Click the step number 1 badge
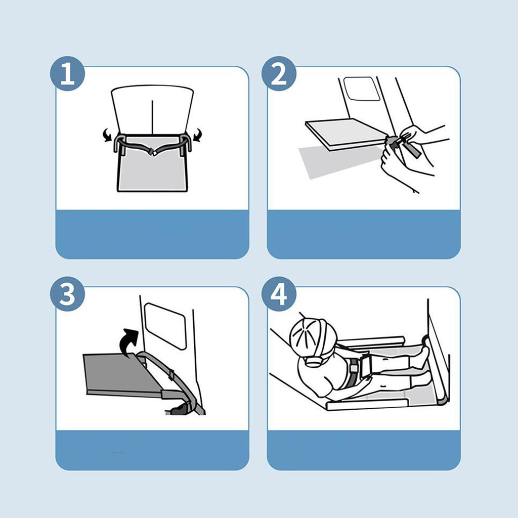[x=67, y=74]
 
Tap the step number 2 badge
[x=279, y=74]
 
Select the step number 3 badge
[x=67, y=294]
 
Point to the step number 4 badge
[x=279, y=294]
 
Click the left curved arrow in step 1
[x=107, y=135]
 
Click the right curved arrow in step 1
[x=197, y=135]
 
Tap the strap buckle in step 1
[x=153, y=152]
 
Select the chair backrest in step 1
[x=152, y=110]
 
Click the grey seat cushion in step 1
[x=152, y=168]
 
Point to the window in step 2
[x=361, y=89]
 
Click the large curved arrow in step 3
[x=129, y=342]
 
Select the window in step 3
[x=165, y=326]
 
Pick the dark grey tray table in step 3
[x=123, y=373]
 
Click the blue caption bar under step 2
[x=364, y=234]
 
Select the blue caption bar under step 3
[x=152, y=450]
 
